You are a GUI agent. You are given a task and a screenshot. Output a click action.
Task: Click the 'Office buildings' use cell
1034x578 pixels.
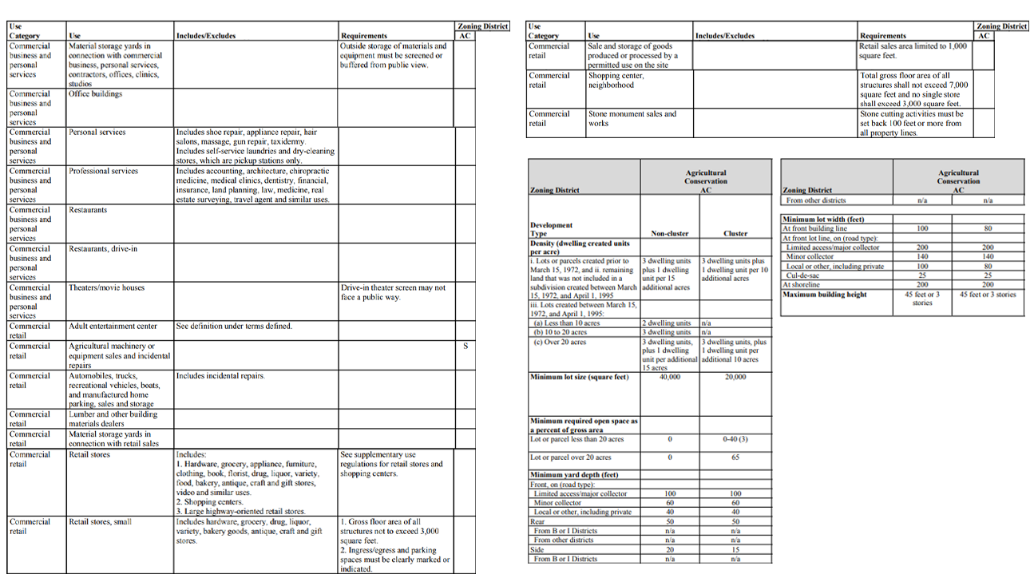pos(96,94)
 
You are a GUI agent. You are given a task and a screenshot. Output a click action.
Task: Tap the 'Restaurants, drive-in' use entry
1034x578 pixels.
pos(103,248)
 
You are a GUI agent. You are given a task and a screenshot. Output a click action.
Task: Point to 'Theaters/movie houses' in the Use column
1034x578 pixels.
pos(107,287)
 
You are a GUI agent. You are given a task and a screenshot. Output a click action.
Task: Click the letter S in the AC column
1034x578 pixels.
pos(464,346)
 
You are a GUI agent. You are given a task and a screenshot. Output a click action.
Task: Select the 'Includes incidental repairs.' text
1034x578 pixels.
pos(220,375)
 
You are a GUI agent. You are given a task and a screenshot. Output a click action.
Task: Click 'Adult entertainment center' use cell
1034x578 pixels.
pos(113,326)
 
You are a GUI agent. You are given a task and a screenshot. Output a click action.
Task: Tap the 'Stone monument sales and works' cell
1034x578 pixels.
pos(632,118)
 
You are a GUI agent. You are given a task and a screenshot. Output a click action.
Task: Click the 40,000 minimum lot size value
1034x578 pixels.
pos(669,377)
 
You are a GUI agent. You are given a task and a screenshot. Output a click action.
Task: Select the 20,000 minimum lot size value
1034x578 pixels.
pos(735,377)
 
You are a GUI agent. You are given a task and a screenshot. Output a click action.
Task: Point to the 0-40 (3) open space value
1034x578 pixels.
pos(735,439)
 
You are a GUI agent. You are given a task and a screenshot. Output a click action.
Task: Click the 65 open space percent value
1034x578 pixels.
pos(735,457)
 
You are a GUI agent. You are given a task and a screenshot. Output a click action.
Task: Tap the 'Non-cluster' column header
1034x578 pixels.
pos(669,234)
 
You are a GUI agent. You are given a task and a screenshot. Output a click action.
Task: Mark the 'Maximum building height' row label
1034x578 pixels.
pos(825,295)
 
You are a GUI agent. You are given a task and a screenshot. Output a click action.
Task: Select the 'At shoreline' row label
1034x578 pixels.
pos(806,284)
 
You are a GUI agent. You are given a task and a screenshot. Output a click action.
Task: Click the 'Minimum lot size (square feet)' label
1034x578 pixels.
pos(580,377)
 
